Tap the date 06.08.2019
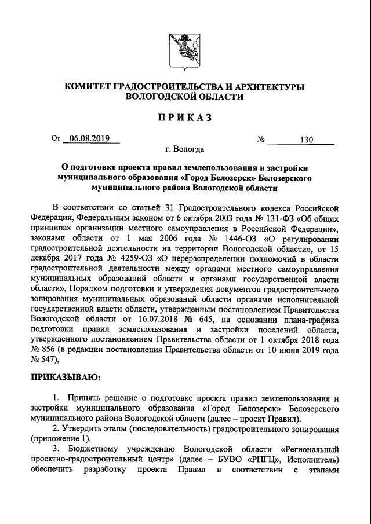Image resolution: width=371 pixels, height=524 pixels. point(90,138)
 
